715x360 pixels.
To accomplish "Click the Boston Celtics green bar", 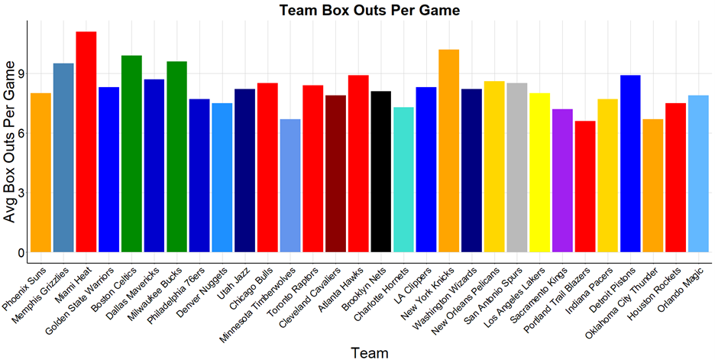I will [x=131, y=154].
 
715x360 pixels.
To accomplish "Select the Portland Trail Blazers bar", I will [x=585, y=186].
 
